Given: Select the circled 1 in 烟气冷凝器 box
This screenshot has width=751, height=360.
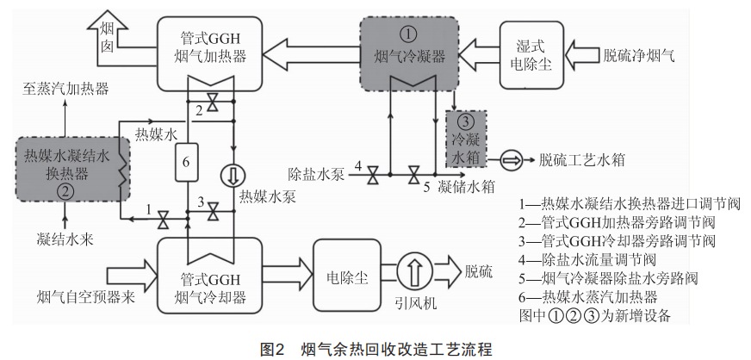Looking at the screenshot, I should [409, 34].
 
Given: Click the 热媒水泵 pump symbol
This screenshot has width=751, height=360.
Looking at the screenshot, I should [233, 172].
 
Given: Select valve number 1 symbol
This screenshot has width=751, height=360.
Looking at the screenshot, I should [163, 221].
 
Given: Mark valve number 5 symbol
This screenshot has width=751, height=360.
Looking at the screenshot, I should [415, 175].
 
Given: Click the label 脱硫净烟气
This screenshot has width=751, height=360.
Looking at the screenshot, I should [639, 56].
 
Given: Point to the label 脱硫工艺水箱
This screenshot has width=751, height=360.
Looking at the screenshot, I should [581, 159].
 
